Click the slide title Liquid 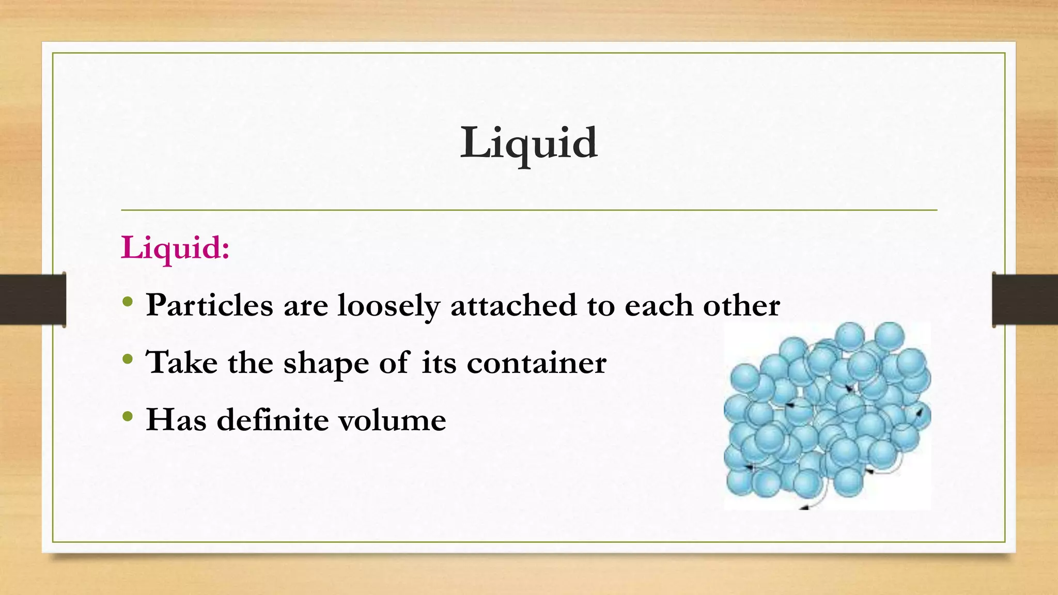528,143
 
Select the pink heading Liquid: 175,248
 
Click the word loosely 388,306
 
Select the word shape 326,363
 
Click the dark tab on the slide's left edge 33,300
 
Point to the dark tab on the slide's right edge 1025,300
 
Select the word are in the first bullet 305,306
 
